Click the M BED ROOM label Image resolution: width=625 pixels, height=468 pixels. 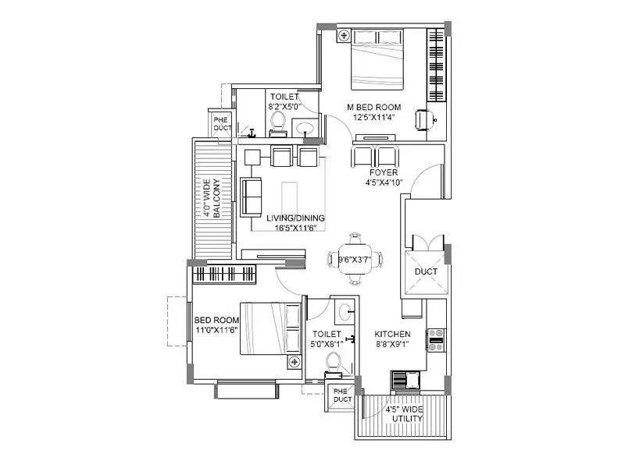tap(374, 107)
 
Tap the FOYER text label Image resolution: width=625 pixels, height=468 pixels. tap(384, 172)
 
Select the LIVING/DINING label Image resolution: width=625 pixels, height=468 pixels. tap(295, 218)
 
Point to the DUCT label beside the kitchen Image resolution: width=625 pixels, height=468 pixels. tap(426, 271)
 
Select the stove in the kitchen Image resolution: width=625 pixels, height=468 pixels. tap(436, 337)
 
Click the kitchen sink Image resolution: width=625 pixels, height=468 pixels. tap(405, 380)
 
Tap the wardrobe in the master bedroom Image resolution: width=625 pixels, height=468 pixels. tap(435, 66)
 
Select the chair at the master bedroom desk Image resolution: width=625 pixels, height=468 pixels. tap(423, 119)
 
